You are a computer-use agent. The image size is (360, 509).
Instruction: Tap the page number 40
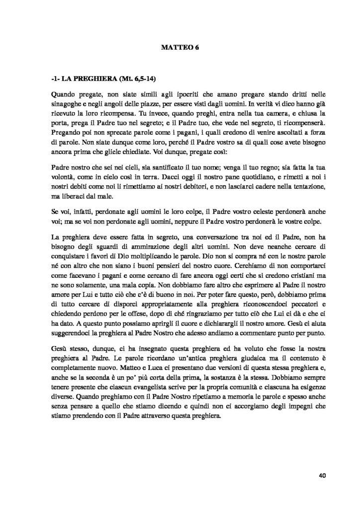pos(321,475)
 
